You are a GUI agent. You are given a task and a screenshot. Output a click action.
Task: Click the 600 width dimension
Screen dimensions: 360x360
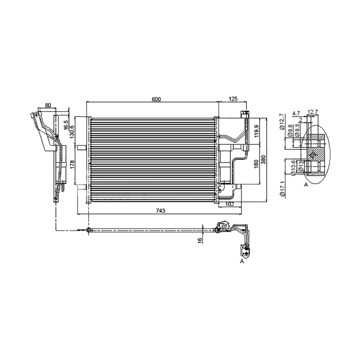click(x=156, y=99)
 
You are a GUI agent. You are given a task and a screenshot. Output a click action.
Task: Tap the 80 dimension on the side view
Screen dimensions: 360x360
click(x=48, y=105)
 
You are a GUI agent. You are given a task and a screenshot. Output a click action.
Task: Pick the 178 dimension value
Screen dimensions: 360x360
click(x=72, y=164)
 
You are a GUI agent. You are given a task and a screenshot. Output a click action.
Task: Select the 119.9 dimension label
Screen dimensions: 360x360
click(x=257, y=131)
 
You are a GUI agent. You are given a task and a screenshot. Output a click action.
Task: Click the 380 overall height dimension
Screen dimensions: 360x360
click(x=263, y=160)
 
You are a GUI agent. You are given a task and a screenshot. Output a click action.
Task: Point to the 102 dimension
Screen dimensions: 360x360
click(x=229, y=204)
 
